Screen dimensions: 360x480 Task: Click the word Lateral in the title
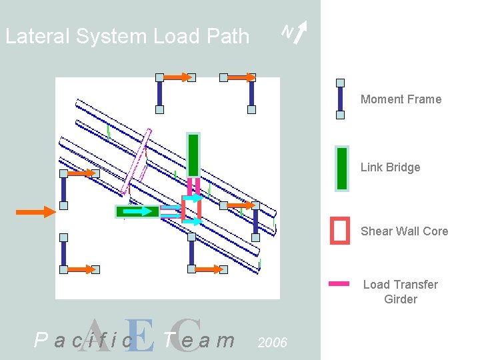point(37,36)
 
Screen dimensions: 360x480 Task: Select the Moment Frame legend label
point(401,99)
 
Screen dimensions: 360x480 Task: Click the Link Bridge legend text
point(390,167)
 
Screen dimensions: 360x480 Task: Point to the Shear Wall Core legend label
point(404,231)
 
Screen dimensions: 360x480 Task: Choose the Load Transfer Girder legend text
point(400,292)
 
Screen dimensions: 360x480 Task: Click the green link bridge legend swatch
point(341,169)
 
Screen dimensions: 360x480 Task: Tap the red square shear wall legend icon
point(340,231)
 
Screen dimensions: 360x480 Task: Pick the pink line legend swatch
point(339,283)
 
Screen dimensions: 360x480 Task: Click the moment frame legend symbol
point(340,99)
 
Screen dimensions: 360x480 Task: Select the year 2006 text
point(272,343)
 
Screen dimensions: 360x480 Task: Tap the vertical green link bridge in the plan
point(193,155)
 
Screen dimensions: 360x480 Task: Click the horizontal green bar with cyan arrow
point(138,212)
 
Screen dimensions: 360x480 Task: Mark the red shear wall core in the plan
point(191,209)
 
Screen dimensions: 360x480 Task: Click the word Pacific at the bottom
point(83,341)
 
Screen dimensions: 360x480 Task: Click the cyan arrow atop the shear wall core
point(193,198)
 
